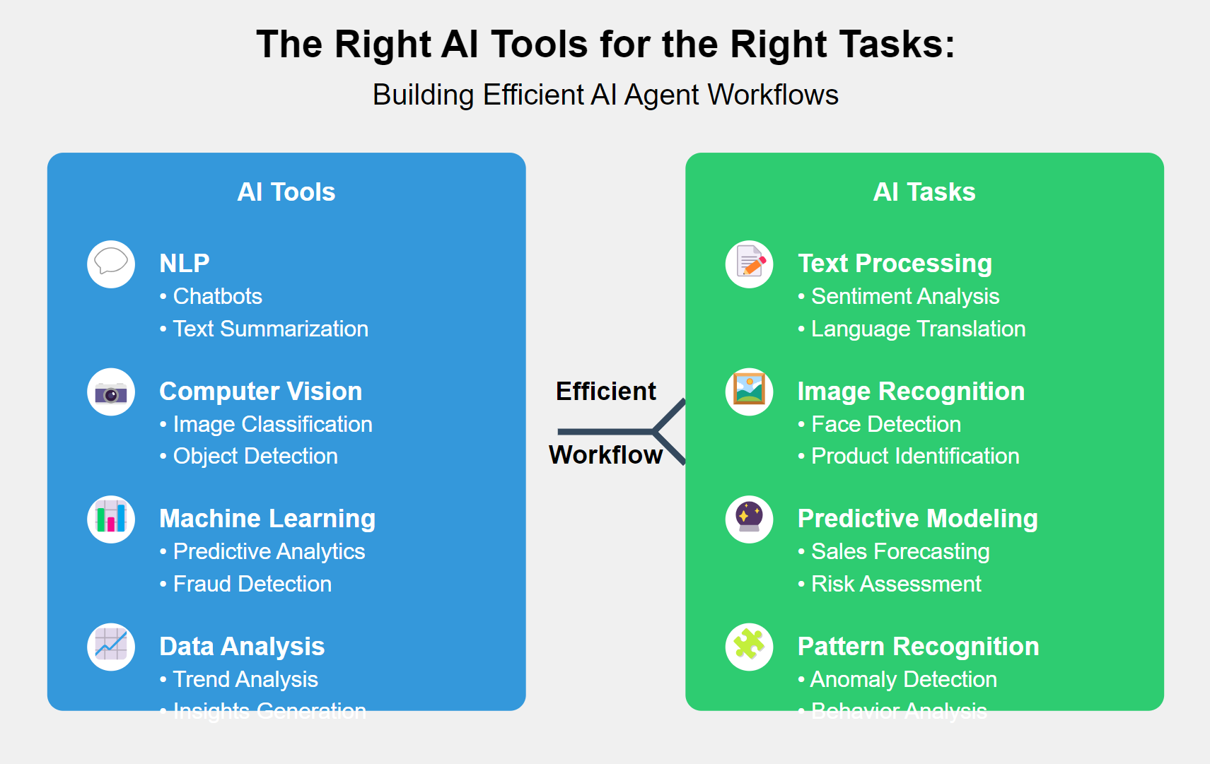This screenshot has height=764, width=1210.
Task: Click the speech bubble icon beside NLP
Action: [111, 264]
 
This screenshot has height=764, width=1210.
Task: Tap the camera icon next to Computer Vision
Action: [111, 392]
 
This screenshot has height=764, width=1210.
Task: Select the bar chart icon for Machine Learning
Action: [111, 519]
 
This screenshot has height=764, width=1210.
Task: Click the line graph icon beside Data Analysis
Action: [111, 647]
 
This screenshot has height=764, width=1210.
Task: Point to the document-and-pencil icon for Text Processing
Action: [750, 264]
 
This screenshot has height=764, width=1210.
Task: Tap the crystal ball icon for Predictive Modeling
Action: [750, 519]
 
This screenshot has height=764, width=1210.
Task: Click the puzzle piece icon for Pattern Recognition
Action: [750, 647]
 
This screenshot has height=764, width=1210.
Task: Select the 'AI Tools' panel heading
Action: [286, 192]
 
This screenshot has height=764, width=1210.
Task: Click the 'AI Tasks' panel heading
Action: [924, 192]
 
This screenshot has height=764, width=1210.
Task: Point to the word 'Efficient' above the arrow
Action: [606, 392]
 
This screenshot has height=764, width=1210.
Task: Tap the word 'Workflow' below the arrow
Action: [606, 455]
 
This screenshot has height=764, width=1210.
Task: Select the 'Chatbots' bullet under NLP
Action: [217, 296]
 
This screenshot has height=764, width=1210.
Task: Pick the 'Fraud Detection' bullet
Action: [252, 584]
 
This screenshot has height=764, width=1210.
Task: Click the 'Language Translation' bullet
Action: [918, 329]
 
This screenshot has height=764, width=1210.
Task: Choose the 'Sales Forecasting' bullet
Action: [900, 551]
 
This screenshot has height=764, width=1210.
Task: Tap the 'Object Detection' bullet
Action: [255, 456]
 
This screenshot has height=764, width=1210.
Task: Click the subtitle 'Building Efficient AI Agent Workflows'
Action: [605, 95]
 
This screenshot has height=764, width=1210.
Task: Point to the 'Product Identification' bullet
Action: [915, 456]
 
